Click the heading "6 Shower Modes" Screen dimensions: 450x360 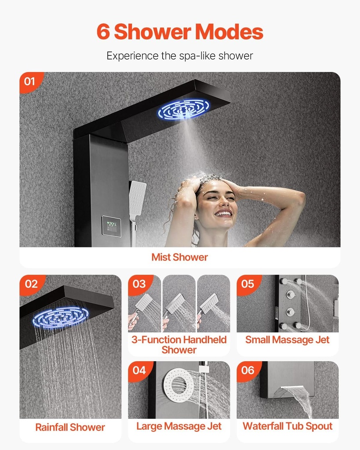tap(180, 32)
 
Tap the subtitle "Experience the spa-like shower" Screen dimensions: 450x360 tap(180, 56)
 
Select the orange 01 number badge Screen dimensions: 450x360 tap(30, 81)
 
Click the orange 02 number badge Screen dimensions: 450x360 tap(31, 284)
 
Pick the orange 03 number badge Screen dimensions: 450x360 tap(139, 284)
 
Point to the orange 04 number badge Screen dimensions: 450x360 tap(139, 370)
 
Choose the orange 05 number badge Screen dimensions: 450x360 tap(247, 284)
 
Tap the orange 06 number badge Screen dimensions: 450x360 tap(247, 370)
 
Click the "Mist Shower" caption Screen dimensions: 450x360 tap(180, 258)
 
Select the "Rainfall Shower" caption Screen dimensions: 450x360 tap(70, 427)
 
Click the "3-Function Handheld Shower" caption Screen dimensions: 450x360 tap(179, 345)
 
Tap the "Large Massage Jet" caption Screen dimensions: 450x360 tap(179, 426)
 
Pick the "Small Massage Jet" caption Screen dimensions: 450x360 tap(287, 340)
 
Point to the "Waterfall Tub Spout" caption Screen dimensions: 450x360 tap(287, 426)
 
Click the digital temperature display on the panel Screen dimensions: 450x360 tap(111, 226)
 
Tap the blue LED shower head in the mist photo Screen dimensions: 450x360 tap(183, 109)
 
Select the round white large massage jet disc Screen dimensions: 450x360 tap(178, 384)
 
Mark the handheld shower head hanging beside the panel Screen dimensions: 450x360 tap(137, 198)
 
